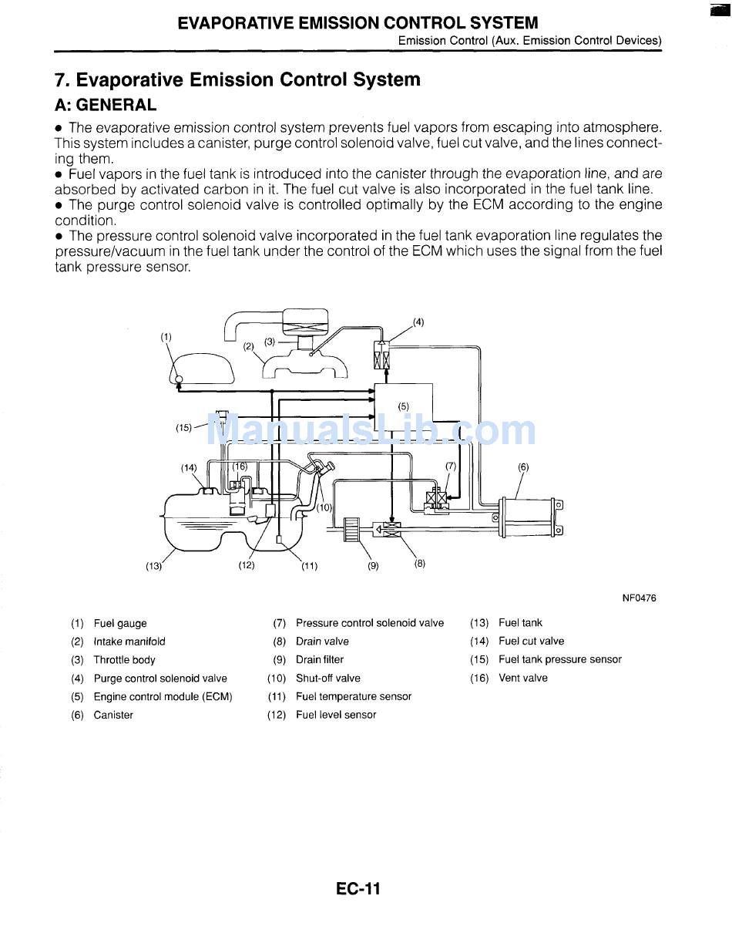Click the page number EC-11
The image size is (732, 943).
pos(358,889)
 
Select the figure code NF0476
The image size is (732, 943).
pos(640,598)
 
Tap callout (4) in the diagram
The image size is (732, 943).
pos(418,322)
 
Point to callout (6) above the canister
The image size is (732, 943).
pos(523,466)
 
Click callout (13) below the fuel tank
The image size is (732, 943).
pos(154,566)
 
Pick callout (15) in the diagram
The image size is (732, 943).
pos(183,428)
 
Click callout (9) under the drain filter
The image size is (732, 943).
pos(373,566)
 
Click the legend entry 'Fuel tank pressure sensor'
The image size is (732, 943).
pos(559,660)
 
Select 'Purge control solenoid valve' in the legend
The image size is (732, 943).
pos(160,679)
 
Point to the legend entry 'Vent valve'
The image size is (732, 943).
pos(522,679)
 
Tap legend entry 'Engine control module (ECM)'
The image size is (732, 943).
pos(163,697)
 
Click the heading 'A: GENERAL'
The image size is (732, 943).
pos(106,106)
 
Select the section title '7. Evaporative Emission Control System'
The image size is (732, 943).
pos(237,80)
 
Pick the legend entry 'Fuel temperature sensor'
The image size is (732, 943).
pos(354,697)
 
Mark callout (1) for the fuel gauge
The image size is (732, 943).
pos(166,337)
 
